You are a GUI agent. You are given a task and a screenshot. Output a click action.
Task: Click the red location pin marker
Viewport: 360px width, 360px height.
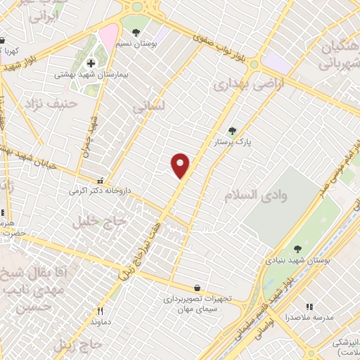(181, 166)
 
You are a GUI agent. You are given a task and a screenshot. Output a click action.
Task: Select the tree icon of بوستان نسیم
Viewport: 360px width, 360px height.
(136, 32)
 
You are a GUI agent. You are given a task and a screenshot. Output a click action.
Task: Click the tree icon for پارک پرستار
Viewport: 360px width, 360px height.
(232, 130)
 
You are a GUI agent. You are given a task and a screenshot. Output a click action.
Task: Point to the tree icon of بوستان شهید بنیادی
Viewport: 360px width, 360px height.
(298, 249)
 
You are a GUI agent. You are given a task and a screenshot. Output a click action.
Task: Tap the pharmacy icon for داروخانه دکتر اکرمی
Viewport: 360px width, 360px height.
(103, 179)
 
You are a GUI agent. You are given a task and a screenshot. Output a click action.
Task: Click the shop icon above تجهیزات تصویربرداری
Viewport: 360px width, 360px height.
(196, 288)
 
